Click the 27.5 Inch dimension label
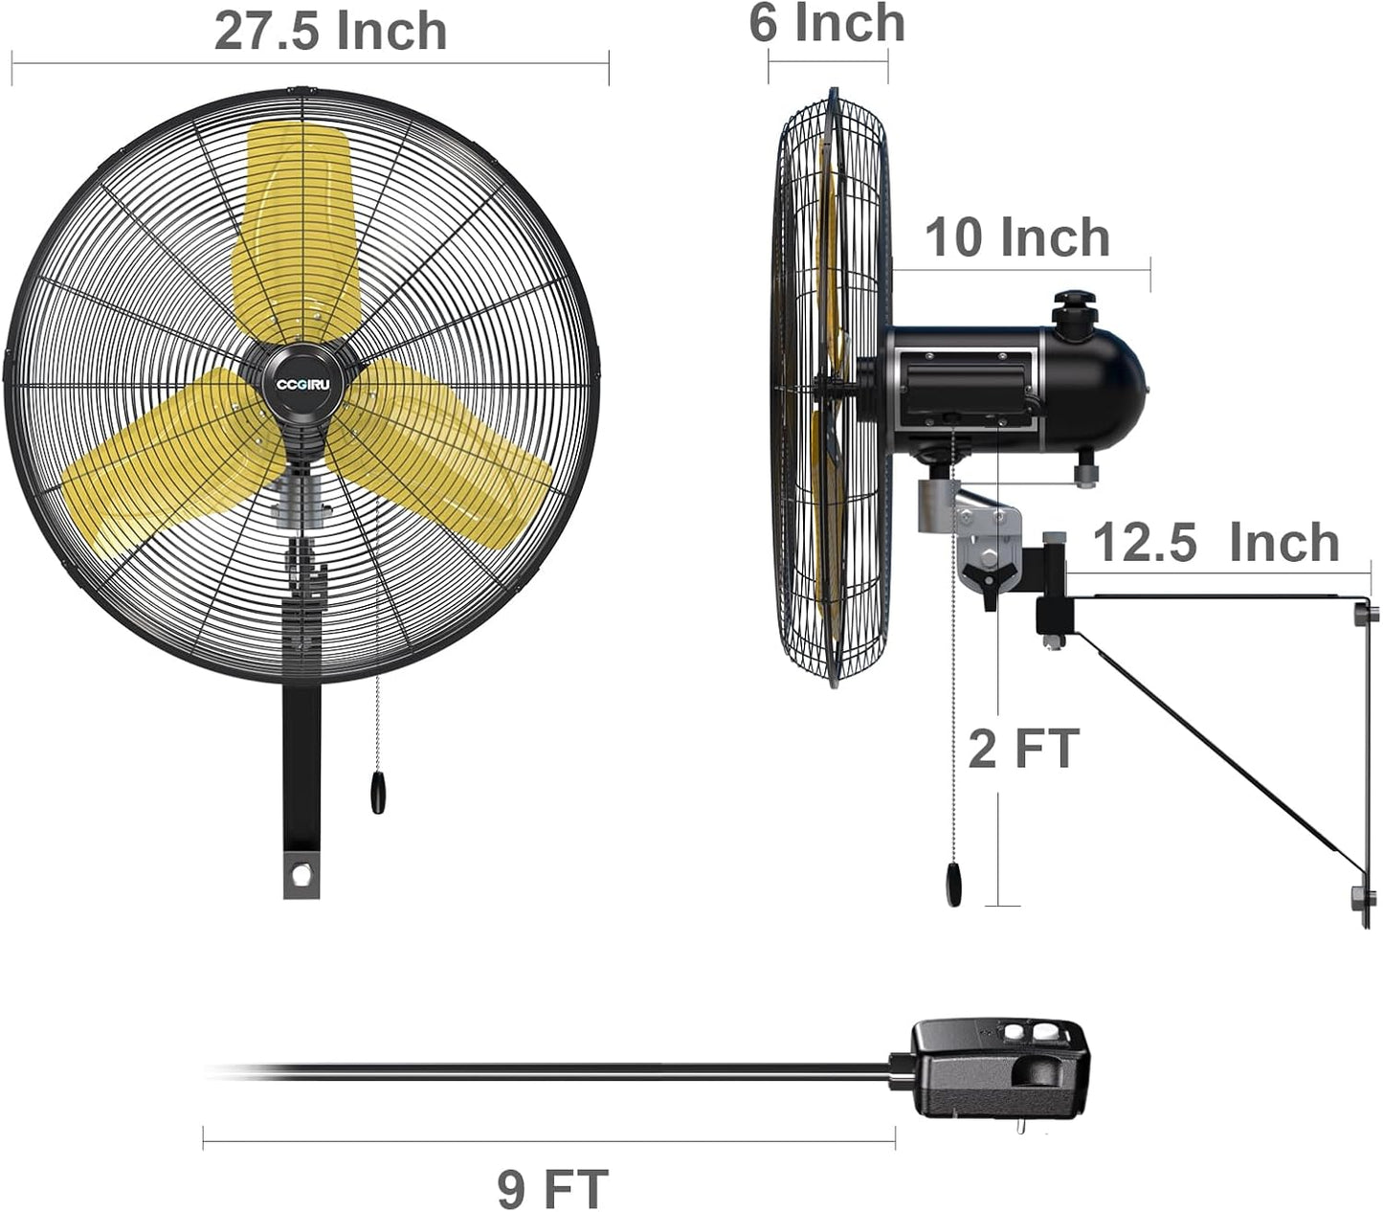[x=330, y=31]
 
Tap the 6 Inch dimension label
[x=826, y=23]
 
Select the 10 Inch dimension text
[x=1016, y=237]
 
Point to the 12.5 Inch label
[x=1216, y=543]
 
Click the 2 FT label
[x=1023, y=748]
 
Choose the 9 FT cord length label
[x=552, y=1188]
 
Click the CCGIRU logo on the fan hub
[x=302, y=385]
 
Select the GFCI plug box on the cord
[x=995, y=1068]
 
